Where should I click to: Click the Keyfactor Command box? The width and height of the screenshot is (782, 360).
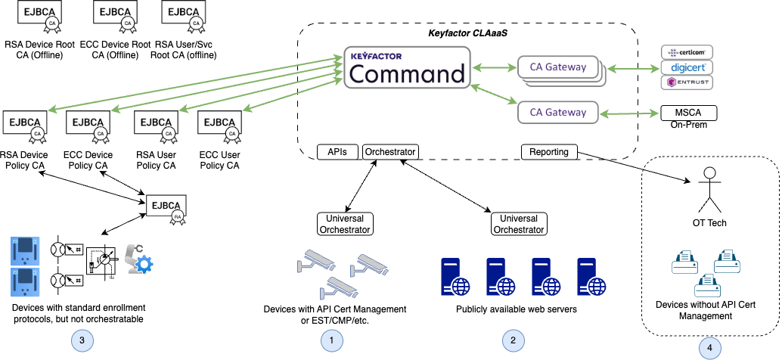407,68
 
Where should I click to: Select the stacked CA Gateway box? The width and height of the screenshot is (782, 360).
558,67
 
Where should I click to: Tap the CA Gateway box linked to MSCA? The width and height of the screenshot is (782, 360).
558,113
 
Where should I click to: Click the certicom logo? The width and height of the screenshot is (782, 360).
687,52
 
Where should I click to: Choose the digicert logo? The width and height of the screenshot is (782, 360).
687,67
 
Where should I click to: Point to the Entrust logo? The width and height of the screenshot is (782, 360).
687,82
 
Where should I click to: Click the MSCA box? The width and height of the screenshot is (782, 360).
688,113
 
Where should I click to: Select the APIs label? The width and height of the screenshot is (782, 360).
337,152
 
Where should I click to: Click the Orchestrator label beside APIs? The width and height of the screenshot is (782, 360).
390,152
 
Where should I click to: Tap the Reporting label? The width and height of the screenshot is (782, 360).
549,152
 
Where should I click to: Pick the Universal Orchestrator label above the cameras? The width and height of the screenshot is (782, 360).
345,224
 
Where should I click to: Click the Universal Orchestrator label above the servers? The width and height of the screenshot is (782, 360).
519,224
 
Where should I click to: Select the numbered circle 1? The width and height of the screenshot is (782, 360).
331,341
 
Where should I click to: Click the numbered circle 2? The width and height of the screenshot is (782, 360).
514,341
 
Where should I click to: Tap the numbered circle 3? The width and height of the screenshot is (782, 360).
82,341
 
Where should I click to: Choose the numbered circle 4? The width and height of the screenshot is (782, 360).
709,348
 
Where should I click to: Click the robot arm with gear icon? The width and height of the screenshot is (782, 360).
138,259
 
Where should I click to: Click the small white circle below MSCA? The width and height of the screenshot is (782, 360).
709,173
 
